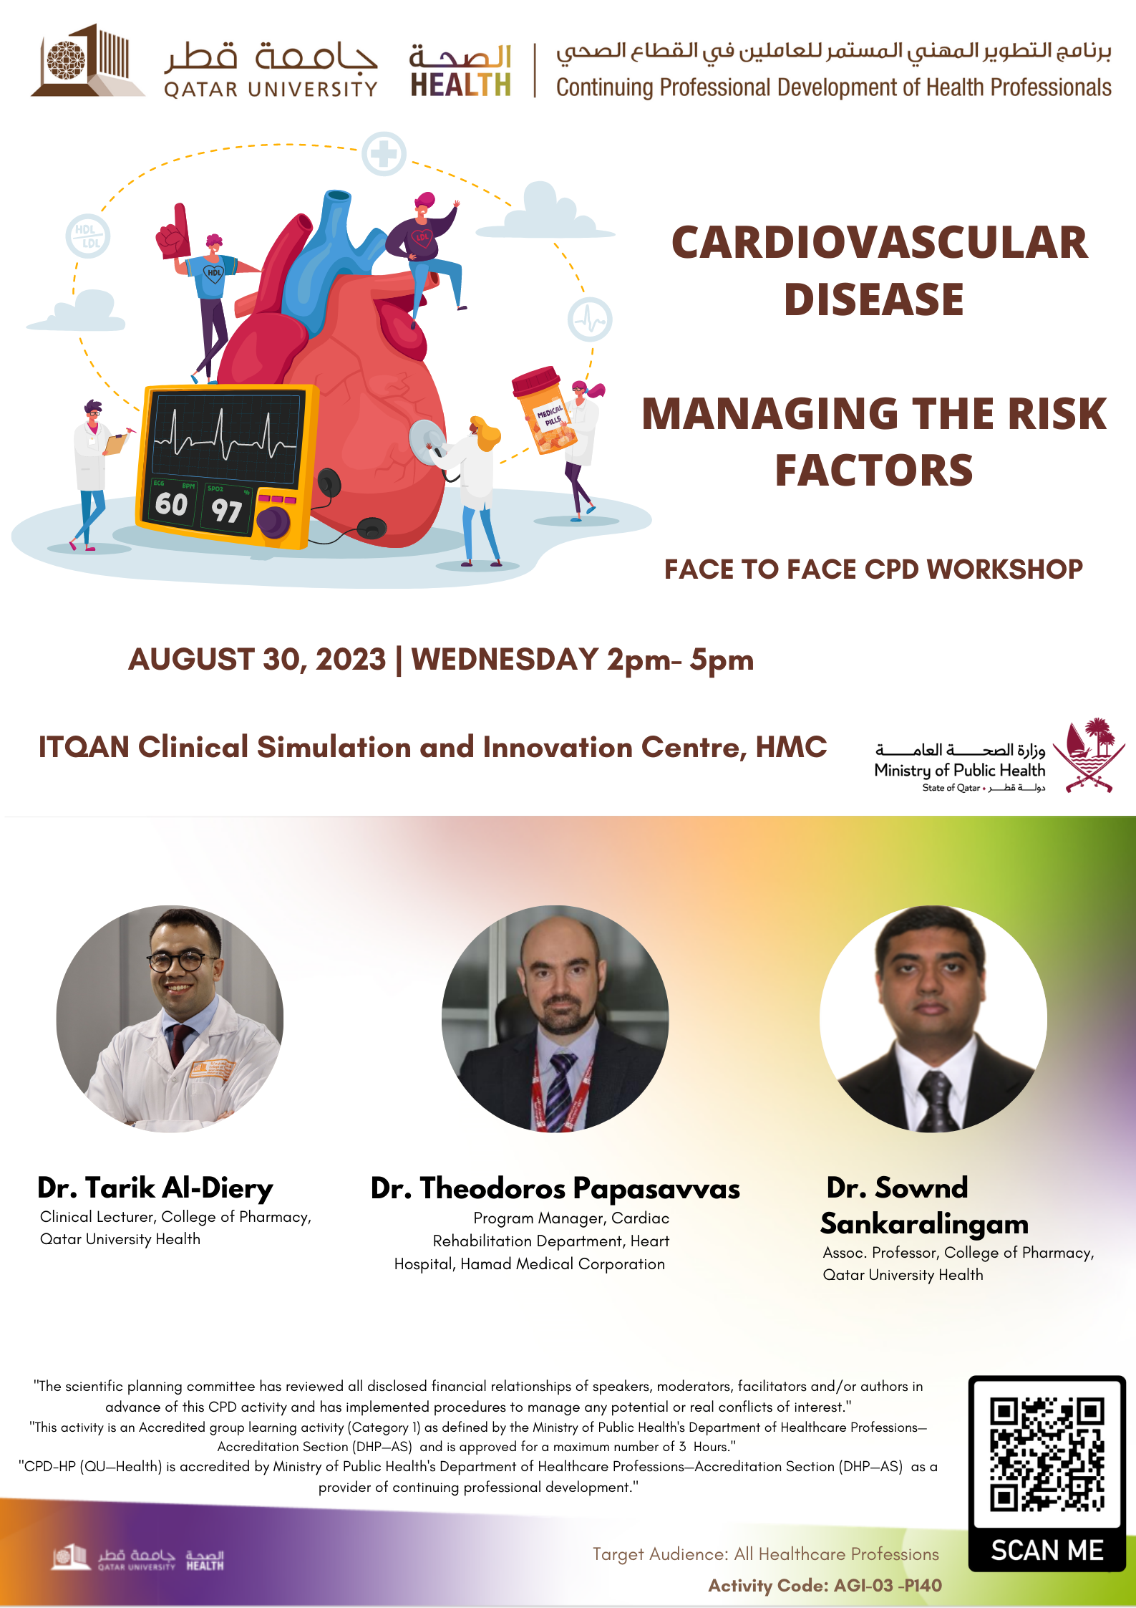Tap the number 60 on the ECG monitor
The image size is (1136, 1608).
click(x=171, y=504)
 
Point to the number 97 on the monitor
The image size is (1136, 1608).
click(x=226, y=511)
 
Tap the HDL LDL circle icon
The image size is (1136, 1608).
click(x=88, y=236)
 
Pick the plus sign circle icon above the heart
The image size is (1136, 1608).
click(x=384, y=154)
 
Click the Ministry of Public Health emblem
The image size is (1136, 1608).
click(x=1089, y=755)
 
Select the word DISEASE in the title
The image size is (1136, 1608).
click(x=874, y=299)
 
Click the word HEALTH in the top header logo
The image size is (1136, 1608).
click(x=461, y=85)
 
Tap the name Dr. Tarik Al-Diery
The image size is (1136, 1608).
click(x=155, y=1188)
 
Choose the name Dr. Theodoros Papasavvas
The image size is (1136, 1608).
click(x=555, y=1189)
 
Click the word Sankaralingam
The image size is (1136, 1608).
click(x=924, y=1224)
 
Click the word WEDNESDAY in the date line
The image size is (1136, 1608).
click(x=505, y=660)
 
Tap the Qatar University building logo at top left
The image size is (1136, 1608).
click(x=87, y=60)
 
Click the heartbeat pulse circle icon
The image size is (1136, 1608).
click(x=590, y=319)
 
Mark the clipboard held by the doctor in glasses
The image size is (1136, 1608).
click(x=115, y=443)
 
